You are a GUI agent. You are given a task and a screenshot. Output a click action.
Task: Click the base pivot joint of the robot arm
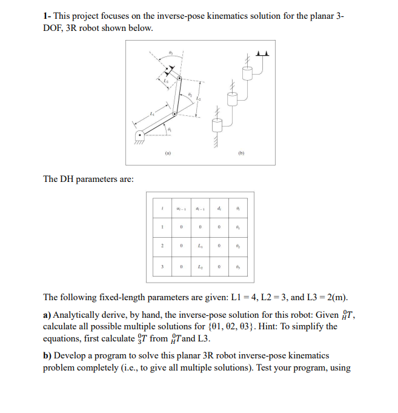tap(140, 135)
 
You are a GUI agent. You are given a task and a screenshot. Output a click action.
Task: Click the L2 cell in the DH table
tap(199, 267)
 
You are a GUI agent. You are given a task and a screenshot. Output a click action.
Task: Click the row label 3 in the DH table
tap(162, 267)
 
